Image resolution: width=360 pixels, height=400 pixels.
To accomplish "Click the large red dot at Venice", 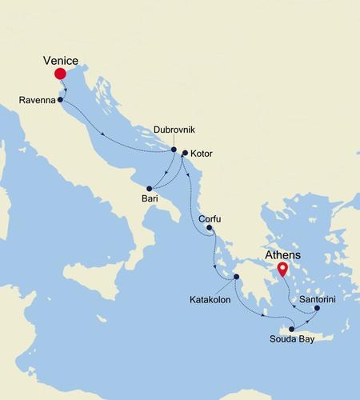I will pyautogui.click(x=60, y=74).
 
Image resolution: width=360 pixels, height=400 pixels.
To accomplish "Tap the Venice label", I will pyautogui.click(x=62, y=58).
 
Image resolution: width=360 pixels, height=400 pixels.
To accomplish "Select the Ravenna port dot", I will pyautogui.click(x=61, y=100).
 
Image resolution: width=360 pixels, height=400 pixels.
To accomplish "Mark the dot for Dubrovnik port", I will pyautogui.click(x=174, y=149).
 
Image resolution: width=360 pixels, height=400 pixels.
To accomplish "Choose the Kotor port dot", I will pyautogui.click(x=185, y=153).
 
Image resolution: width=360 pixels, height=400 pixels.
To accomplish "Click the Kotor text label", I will pyautogui.click(x=203, y=152).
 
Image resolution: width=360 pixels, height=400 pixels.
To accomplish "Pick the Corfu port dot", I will pyautogui.click(x=209, y=228).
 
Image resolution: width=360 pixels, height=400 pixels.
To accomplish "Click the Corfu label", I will pyautogui.click(x=209, y=218).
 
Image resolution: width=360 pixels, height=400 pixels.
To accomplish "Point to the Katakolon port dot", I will pyautogui.click(x=236, y=277).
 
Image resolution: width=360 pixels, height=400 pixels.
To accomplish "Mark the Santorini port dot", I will pyautogui.click(x=317, y=308).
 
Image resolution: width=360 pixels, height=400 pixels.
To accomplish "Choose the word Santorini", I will pyautogui.click(x=320, y=297).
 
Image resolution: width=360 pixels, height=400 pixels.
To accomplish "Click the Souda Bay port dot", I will pyautogui.click(x=292, y=329).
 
